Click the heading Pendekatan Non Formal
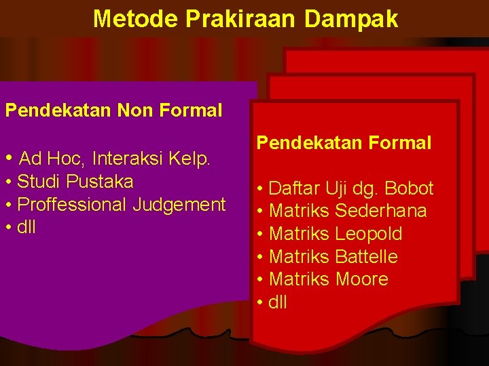(x=113, y=110)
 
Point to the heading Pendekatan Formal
(x=344, y=142)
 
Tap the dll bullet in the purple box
(x=26, y=227)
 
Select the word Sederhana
(x=381, y=211)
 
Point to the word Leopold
(x=369, y=234)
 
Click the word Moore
(x=362, y=279)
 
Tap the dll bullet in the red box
(x=278, y=302)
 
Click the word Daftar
(x=294, y=188)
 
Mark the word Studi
(x=38, y=182)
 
